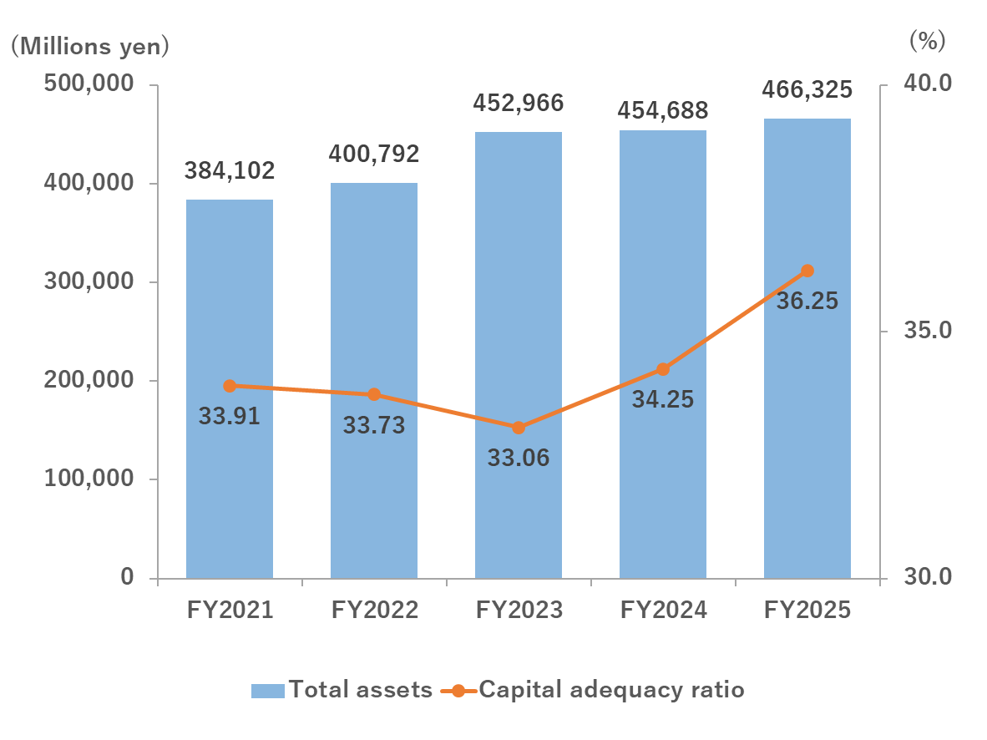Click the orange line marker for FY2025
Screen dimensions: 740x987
807,271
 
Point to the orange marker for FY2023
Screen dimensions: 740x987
519,428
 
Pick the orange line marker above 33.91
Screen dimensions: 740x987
230,386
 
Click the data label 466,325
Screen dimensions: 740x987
807,89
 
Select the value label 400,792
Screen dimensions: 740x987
374,154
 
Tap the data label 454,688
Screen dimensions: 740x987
663,109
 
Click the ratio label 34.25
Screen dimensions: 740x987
663,400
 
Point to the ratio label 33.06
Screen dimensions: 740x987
519,458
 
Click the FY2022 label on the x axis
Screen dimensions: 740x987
374,611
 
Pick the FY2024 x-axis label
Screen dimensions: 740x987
663,611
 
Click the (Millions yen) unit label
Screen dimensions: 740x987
89,45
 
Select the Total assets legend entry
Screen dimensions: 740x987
342,690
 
